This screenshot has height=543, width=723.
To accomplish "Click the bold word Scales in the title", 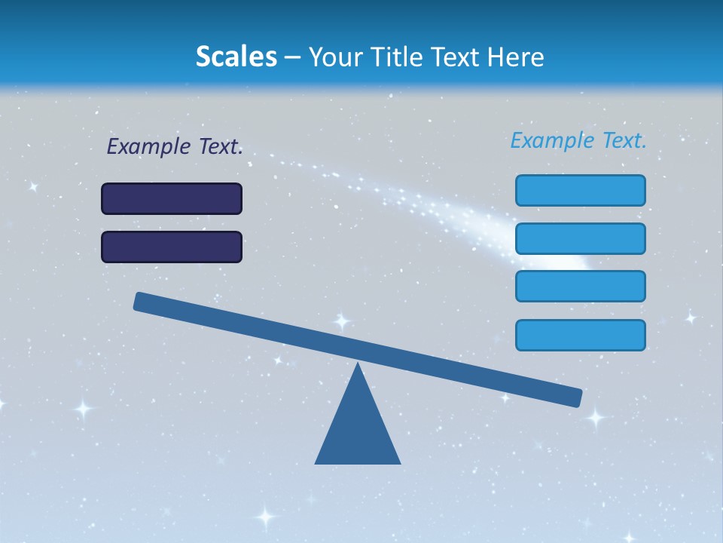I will pos(236,57).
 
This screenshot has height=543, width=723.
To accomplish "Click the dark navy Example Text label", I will pos(175,146).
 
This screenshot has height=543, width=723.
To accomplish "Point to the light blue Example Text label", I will pos(578,140).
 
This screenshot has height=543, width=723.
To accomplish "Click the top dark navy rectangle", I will pos(172,198).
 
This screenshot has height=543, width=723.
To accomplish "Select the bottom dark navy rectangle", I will pos(172,247).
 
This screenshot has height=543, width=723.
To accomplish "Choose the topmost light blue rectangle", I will pos(581,190).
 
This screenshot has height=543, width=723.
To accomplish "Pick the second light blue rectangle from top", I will pos(581,238).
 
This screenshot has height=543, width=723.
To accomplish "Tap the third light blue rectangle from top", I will pos(581,286).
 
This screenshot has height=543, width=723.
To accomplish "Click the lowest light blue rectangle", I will pos(581,335).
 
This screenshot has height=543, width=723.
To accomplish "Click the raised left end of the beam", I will pos(142,302).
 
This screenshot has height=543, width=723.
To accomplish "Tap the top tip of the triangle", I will pos(358,365).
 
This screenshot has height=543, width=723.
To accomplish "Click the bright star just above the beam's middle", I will pos(342,321).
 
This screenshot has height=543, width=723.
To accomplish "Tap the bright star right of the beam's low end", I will pos(596,416).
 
